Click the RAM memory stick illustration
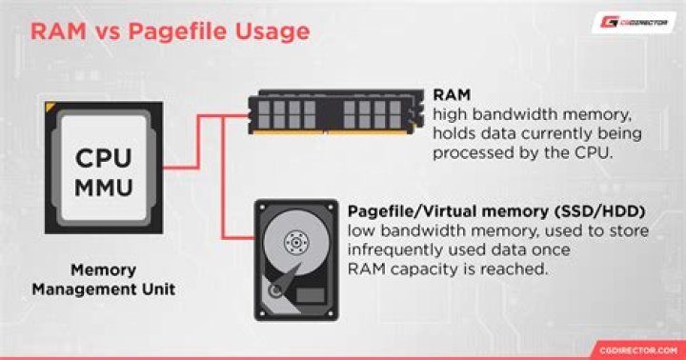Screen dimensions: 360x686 334,113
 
